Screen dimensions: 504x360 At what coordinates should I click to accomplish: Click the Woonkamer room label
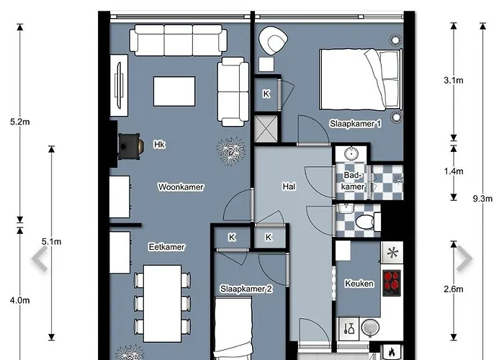(x=181, y=186)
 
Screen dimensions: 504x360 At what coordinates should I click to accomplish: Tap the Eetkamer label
(x=167, y=247)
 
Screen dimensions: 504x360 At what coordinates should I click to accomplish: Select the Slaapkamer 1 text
(x=356, y=123)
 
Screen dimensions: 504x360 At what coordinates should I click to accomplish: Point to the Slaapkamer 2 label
(x=246, y=289)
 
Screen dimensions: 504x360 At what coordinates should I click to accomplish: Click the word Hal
(x=289, y=186)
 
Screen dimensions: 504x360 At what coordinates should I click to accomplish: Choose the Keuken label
(x=359, y=284)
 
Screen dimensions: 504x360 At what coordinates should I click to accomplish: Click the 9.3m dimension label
(x=482, y=199)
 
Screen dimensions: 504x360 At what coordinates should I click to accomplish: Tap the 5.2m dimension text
(x=20, y=122)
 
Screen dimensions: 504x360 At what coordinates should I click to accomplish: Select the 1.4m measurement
(x=454, y=171)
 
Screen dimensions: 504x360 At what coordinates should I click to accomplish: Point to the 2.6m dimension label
(x=454, y=289)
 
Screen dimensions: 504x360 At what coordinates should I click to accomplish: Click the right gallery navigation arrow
(x=464, y=258)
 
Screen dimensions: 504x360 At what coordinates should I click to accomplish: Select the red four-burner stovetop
(x=392, y=283)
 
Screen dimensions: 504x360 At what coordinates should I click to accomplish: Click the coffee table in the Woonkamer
(x=174, y=91)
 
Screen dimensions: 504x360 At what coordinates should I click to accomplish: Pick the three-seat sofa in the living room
(x=178, y=40)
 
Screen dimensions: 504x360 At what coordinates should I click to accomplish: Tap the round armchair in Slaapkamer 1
(x=273, y=40)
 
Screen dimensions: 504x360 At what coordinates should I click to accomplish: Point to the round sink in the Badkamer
(x=351, y=153)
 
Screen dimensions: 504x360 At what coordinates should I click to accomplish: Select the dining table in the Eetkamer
(x=163, y=303)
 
